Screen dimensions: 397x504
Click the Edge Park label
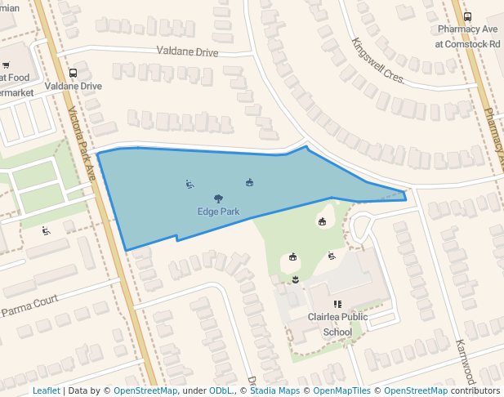coord(218,211)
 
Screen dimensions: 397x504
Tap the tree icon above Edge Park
coord(218,198)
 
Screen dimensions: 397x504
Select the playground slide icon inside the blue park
coord(190,184)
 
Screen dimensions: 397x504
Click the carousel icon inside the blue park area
coord(249,182)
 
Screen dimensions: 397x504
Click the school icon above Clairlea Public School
coord(337,305)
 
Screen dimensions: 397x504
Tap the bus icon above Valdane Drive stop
coord(74,73)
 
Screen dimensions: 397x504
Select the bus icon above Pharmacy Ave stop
coord(467,16)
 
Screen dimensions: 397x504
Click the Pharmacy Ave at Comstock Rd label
coord(468,36)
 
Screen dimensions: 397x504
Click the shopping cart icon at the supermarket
coord(5,65)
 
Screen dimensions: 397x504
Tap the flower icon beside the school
coord(295,280)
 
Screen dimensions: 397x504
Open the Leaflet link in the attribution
coord(46,390)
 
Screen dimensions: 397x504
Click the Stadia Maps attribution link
coord(274,390)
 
